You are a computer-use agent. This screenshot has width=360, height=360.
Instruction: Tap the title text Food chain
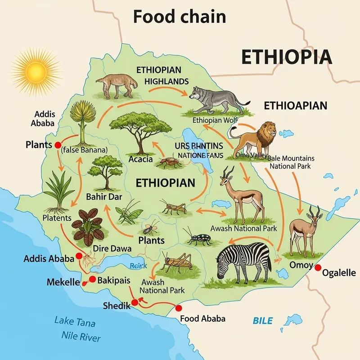pyautogui.click(x=179, y=17)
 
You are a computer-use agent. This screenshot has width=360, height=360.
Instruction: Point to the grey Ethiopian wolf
pyautogui.click(x=216, y=100)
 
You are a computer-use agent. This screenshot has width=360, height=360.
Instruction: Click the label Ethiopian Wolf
pyautogui.click(x=215, y=121)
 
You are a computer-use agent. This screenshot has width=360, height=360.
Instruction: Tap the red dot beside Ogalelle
pyautogui.click(x=318, y=268)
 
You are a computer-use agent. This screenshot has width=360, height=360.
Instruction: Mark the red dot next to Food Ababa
pyautogui.click(x=179, y=308)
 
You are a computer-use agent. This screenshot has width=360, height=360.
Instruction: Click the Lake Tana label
pyautogui.click(x=75, y=321)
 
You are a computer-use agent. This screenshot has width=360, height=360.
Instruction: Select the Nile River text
pyautogui.click(x=81, y=337)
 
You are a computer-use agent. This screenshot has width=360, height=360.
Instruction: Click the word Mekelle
pyautogui.click(x=63, y=283)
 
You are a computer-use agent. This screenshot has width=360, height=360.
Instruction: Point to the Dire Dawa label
pyautogui.click(x=112, y=248)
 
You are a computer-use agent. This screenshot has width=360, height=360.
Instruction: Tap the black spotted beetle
pyautogui.click(x=198, y=237)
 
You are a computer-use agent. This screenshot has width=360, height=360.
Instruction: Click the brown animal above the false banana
pyautogui.click(x=116, y=85)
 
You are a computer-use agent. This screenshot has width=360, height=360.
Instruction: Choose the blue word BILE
pyautogui.click(x=262, y=321)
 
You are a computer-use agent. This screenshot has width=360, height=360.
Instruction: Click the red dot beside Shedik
pyautogui.click(x=134, y=303)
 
